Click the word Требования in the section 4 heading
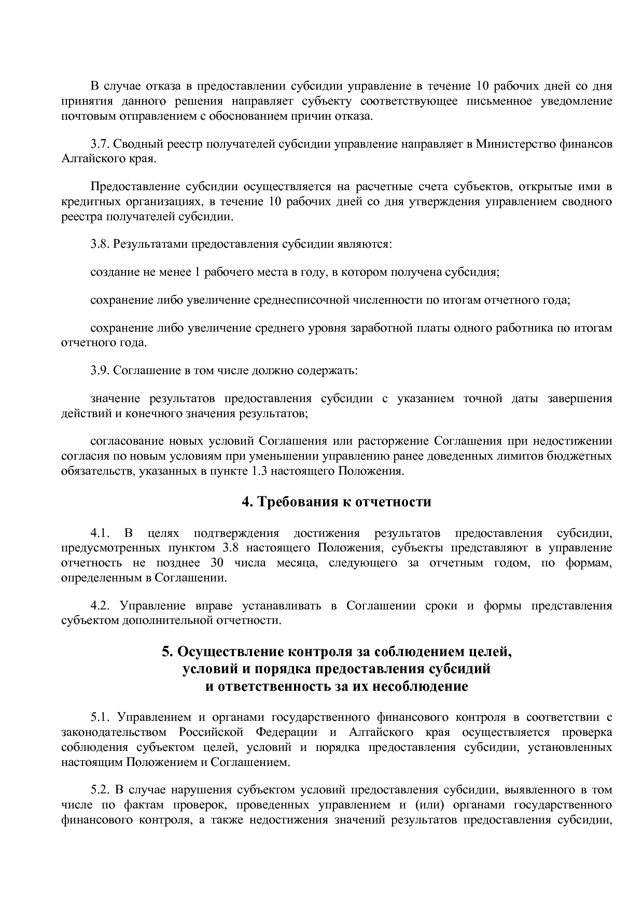[302, 502]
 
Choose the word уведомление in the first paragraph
[579, 101]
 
